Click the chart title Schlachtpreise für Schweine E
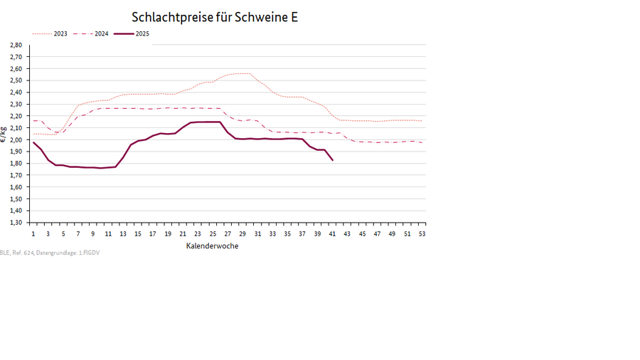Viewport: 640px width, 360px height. click(215, 17)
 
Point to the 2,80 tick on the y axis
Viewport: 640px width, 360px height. click(16, 45)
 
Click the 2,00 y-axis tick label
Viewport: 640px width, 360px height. click(16, 139)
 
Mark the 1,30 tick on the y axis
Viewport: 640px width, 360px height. click(16, 222)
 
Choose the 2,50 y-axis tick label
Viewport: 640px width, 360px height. click(16, 80)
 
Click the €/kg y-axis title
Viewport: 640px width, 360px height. click(4, 134)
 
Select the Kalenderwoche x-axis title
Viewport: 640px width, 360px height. click(212, 246)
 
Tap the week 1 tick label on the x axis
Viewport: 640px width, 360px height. click(33, 233)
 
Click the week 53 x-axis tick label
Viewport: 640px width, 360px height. click(422, 233)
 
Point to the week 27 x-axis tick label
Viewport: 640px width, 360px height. click(228, 233)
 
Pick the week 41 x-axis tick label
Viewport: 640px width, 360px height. click(332, 233)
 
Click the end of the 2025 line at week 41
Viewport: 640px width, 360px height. click(332, 160)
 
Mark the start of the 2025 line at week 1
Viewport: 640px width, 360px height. click(33, 142)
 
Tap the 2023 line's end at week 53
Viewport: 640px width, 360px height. click(422, 121)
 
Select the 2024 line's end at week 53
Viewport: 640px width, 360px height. click(422, 142)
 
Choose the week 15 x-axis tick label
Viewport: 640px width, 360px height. click(138, 233)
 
